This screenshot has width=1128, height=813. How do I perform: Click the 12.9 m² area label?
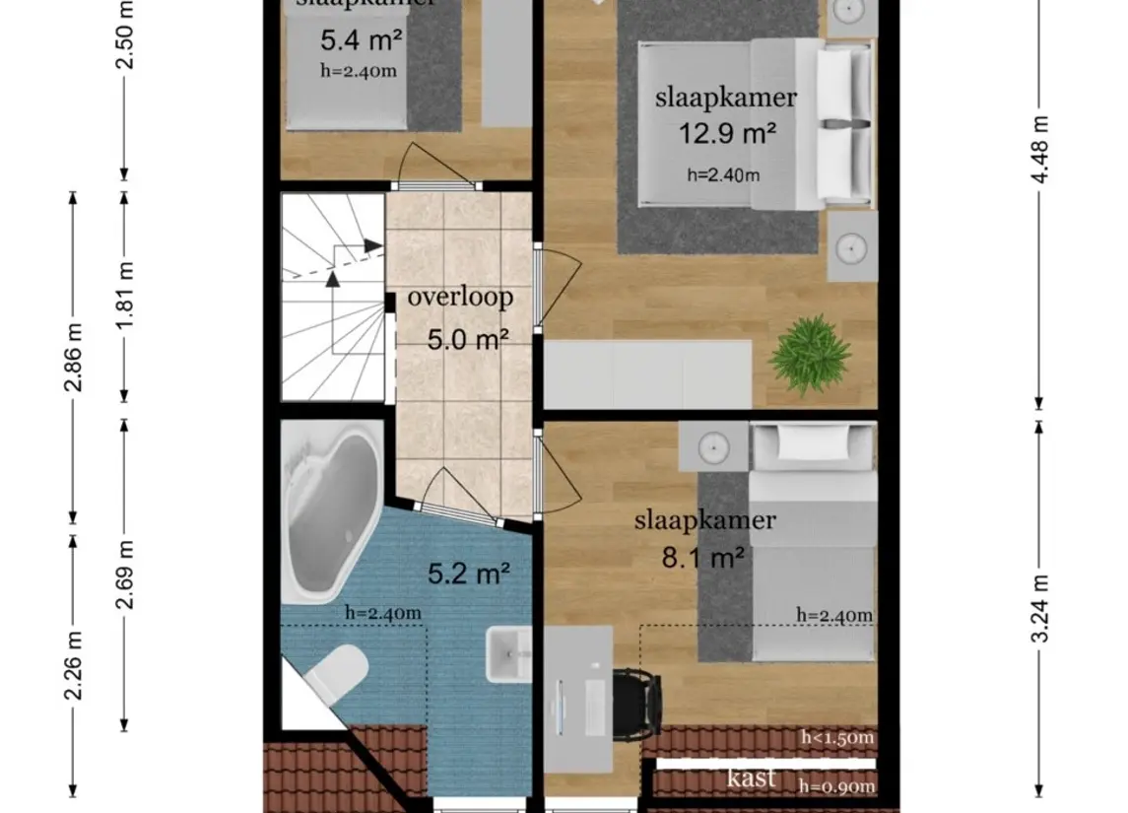[726, 133]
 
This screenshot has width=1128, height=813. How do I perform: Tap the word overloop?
[460, 297]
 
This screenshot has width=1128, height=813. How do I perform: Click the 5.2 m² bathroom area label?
[469, 572]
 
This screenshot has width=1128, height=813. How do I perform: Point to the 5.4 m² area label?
[361, 40]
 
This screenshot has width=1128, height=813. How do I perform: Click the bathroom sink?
[508, 654]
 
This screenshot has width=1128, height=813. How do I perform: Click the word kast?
[752, 778]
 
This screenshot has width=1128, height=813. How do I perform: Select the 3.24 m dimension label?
[1041, 608]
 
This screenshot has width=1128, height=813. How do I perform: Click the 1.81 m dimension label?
[125, 297]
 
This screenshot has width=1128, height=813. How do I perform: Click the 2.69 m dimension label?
[125, 575]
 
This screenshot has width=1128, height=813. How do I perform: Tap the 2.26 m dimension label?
[73, 665]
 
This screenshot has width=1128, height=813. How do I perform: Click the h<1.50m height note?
[837, 738]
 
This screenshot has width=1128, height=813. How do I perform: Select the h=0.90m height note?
[837, 785]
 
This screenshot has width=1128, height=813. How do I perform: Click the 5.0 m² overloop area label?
[468, 340]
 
